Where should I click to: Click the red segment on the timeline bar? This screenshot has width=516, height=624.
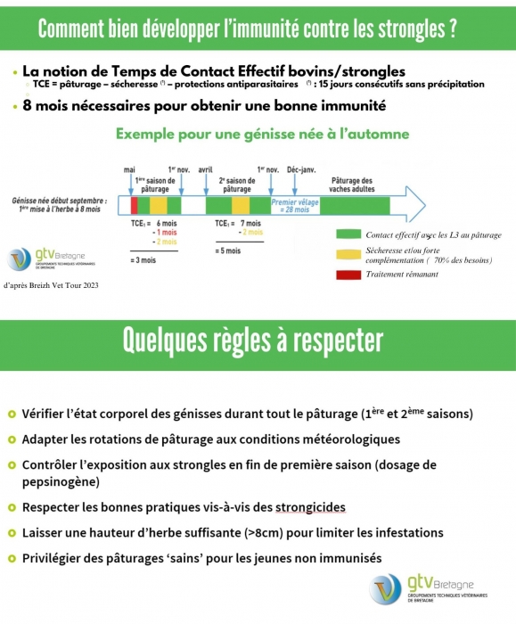134,205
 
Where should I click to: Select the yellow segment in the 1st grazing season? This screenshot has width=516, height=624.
159,205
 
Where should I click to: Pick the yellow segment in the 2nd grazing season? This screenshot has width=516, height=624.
241,205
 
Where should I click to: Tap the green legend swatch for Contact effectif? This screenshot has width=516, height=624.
348,234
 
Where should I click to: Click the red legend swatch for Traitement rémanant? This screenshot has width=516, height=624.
348,275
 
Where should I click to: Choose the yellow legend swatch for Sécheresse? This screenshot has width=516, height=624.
348,255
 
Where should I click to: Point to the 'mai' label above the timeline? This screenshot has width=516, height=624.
129,170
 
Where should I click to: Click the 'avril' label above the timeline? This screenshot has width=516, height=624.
205,170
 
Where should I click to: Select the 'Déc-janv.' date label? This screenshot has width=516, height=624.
301,170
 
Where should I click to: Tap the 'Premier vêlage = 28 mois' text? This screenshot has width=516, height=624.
295,206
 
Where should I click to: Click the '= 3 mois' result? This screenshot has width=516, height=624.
143,260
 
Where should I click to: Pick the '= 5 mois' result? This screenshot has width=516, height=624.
228,251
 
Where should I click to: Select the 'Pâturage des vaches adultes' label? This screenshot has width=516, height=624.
352,185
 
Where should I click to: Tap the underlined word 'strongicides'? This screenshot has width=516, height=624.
310,507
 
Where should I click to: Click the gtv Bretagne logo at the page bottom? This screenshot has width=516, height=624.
428,589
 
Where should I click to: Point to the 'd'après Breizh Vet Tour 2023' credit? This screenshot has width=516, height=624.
51,285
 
